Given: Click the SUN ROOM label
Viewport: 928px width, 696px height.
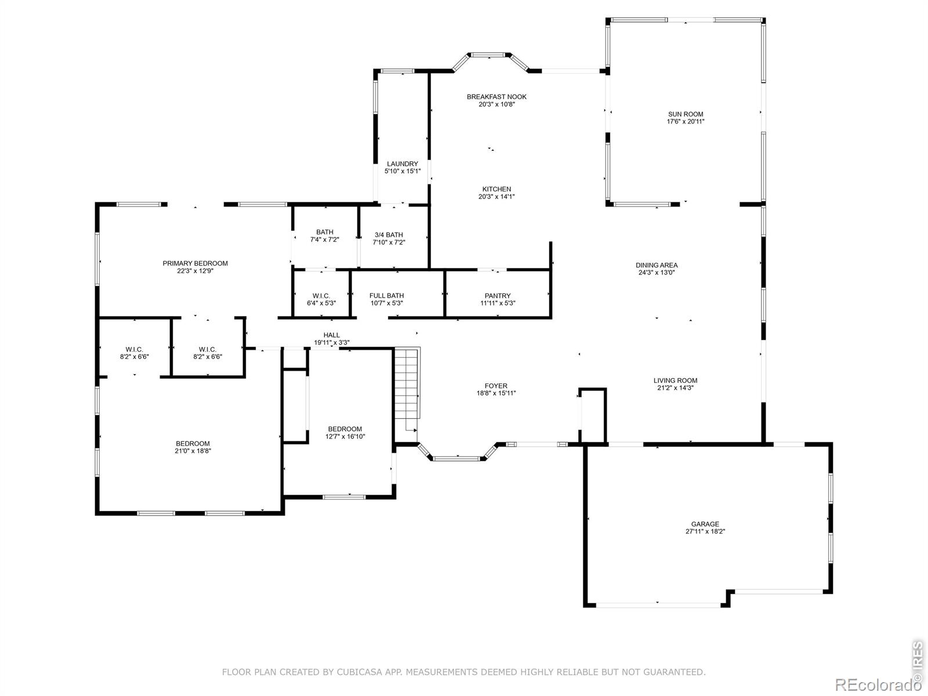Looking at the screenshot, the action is (686, 114).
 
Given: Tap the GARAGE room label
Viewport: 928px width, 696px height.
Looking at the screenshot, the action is (705, 524).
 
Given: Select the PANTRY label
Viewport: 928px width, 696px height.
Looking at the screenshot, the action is (498, 296).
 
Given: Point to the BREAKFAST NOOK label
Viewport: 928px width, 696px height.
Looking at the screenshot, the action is (496, 97).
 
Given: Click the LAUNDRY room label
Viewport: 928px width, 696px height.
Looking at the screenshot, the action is (403, 164).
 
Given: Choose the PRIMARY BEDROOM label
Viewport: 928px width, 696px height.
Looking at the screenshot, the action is (195, 263).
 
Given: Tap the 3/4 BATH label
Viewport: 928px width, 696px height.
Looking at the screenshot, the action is (389, 235).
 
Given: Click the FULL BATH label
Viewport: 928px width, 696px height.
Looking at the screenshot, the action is (386, 296).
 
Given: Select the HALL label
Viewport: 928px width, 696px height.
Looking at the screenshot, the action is (331, 335).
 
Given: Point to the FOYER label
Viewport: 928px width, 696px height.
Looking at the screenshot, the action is (496, 386).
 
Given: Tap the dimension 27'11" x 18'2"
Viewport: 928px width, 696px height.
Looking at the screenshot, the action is (705, 532).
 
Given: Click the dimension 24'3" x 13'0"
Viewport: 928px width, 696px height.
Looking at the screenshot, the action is (656, 273).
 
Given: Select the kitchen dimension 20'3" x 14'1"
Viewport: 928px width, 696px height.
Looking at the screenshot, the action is (496, 197).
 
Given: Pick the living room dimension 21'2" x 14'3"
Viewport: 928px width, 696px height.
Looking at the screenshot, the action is (675, 388).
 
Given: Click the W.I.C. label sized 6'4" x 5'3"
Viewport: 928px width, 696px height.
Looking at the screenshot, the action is (321, 296).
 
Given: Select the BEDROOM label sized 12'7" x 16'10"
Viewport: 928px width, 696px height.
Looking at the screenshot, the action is (345, 429).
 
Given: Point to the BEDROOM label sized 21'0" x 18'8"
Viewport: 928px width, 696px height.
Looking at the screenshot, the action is (193, 444).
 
